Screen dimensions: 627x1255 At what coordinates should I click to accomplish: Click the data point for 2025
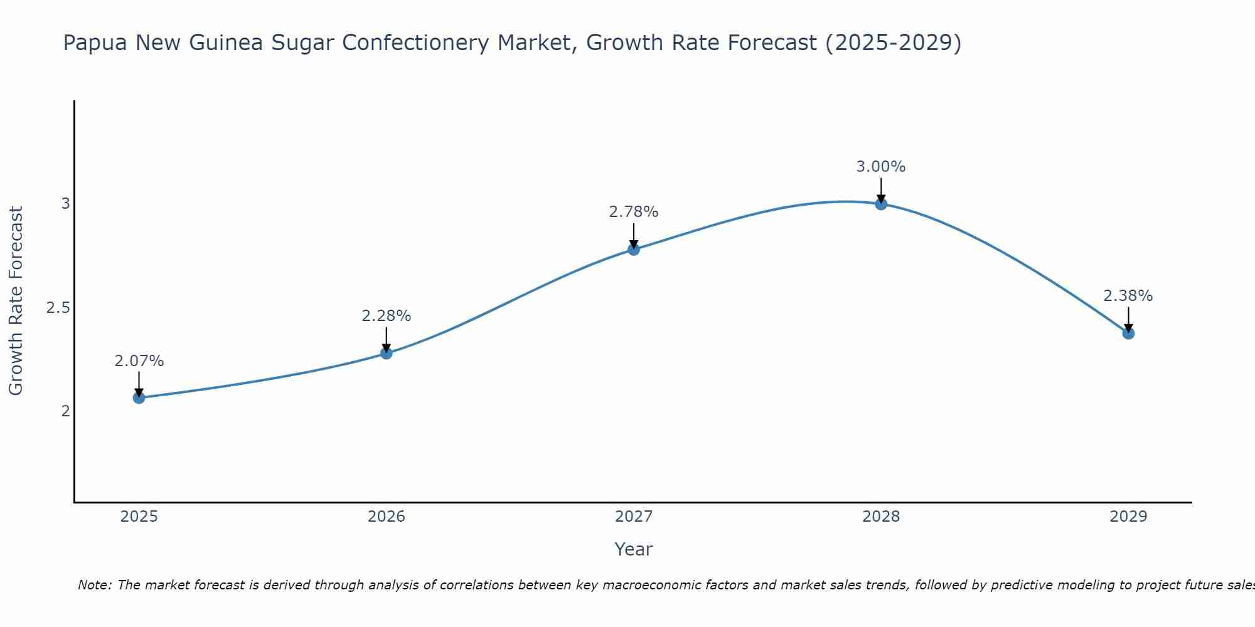[139, 398]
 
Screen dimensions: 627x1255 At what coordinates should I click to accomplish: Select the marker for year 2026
[387, 353]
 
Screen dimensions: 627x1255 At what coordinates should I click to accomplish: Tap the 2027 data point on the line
[634, 249]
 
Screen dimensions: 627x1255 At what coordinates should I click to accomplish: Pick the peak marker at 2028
[881, 203]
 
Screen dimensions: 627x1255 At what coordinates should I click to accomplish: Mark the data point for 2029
[1128, 333]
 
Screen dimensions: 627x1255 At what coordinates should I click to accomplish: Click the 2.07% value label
[139, 361]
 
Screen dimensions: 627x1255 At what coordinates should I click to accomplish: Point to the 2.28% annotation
[387, 316]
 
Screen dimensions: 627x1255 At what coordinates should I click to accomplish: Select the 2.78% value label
[634, 212]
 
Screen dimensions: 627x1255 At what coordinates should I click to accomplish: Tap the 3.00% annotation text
[881, 167]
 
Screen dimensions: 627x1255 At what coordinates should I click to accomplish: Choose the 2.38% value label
[1128, 296]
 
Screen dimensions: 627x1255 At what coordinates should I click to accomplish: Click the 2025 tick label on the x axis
[139, 517]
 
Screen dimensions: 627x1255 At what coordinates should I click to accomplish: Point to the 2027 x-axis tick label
[634, 517]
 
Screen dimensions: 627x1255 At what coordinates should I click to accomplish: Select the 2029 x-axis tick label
[1128, 517]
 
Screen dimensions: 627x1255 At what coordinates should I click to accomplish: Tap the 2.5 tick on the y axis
[58, 308]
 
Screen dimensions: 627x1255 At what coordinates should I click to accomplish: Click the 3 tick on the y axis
[65, 204]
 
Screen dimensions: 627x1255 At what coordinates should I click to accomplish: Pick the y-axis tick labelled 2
[65, 411]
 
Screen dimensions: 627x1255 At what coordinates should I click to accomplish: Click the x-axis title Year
[634, 549]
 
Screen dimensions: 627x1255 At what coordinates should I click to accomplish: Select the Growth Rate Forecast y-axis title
[16, 301]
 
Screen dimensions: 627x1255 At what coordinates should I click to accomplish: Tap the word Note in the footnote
[94, 585]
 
